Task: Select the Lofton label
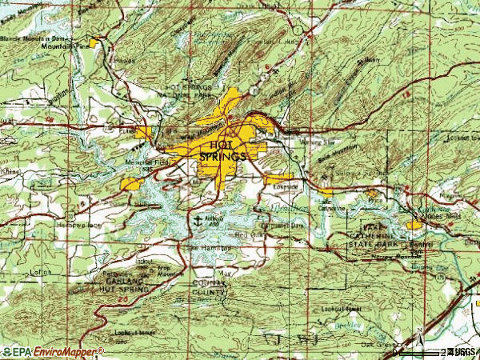point(40,271)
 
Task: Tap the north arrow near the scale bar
point(418,339)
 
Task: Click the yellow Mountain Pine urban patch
point(98,41)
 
